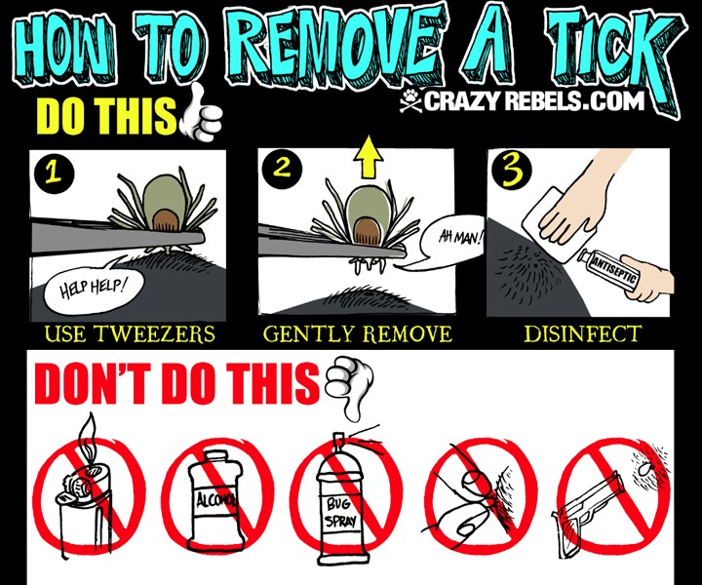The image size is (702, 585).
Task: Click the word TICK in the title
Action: (614, 58)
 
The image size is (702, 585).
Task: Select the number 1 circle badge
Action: (54, 173)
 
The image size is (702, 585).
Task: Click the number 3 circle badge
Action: (512, 171)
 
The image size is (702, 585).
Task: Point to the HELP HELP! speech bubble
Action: (95, 286)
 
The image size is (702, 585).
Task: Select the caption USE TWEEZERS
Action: (130, 334)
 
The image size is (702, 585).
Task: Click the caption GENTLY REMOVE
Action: (357, 334)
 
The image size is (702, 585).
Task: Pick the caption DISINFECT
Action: (583, 333)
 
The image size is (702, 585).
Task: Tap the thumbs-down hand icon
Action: (350, 387)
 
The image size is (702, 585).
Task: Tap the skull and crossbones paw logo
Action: (410, 101)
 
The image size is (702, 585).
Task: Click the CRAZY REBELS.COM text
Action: (533, 101)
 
